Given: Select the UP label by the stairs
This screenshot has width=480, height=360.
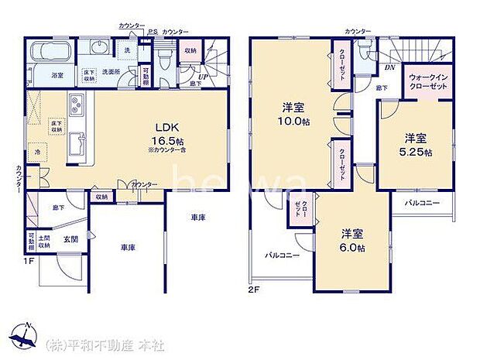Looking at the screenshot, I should [203, 77].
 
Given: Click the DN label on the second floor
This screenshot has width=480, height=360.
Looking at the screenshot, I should [389, 67].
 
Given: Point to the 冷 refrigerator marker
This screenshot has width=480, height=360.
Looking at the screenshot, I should [36, 153].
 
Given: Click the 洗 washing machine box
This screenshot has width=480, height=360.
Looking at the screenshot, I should [128, 50].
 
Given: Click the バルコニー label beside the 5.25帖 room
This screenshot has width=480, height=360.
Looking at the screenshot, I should [422, 203].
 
